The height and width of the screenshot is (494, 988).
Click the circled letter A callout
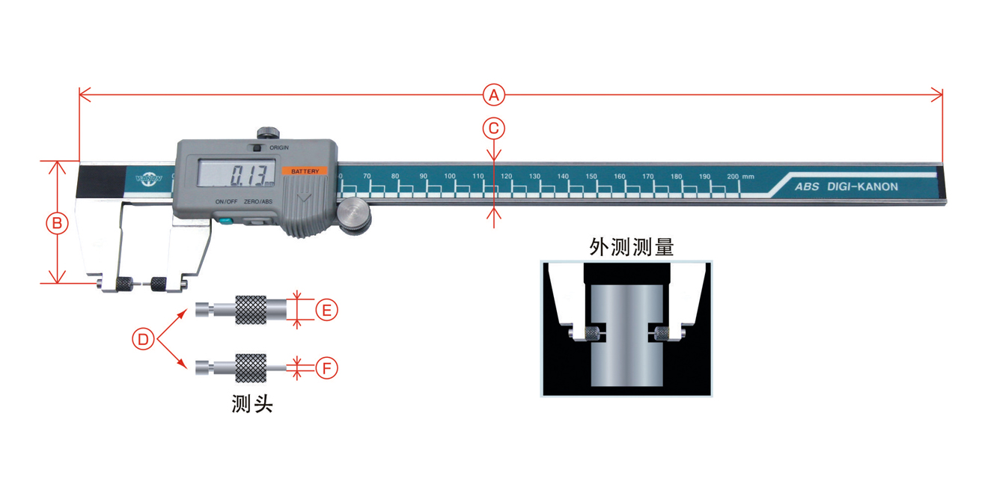click(x=493, y=95)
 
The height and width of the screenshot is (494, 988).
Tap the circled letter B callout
click(x=58, y=223)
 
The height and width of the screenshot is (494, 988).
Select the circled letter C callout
click(x=493, y=129)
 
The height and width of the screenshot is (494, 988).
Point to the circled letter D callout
click(x=143, y=339)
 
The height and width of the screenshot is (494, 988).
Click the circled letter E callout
click(x=326, y=310)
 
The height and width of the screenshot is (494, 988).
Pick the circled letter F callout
click(x=326, y=368)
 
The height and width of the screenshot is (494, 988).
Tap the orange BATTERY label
click(x=305, y=171)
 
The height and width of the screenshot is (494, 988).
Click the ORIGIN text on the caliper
click(x=278, y=148)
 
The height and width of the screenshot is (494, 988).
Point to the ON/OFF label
click(x=226, y=202)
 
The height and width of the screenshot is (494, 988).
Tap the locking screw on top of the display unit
click(x=266, y=133)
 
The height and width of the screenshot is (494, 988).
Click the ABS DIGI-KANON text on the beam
click(x=846, y=186)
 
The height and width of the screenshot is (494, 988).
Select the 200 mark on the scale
click(x=732, y=176)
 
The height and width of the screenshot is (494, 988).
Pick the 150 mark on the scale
click(x=591, y=176)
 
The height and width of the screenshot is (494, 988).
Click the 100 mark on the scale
click(x=449, y=176)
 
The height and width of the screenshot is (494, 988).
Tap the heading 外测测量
click(x=631, y=247)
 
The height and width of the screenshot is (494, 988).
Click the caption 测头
click(x=252, y=405)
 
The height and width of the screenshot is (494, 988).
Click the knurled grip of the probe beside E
click(x=251, y=310)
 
